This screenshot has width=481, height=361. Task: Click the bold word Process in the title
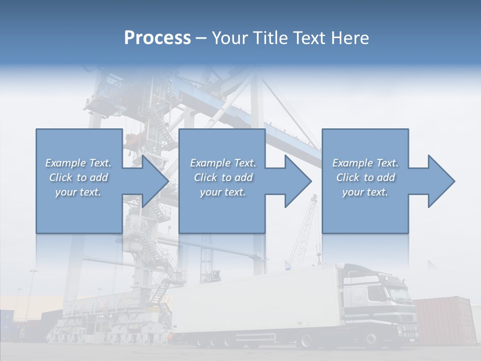point(157,38)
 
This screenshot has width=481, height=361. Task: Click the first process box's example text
point(79,177)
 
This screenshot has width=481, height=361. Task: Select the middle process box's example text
point(223,177)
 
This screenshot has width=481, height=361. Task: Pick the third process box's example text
point(365,177)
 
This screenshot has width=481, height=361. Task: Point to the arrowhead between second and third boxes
point(298,181)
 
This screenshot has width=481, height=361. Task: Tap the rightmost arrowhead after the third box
point(441,181)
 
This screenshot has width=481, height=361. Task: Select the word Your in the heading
point(228,38)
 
